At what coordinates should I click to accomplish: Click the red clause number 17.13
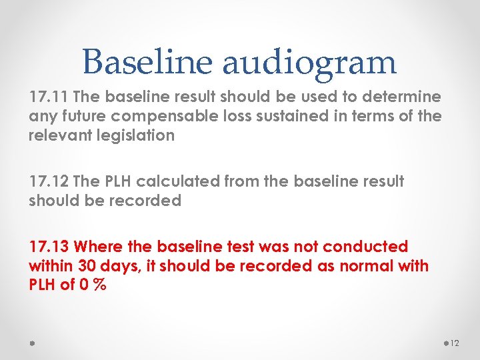tap(47, 247)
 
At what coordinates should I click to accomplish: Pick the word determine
tap(405, 97)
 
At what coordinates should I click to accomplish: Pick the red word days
tap(120, 266)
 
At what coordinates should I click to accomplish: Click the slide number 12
tap(455, 343)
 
